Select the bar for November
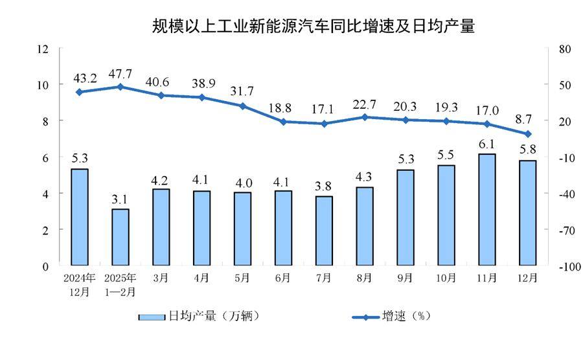pyautogui.click(x=486, y=209)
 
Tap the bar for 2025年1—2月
pyautogui.click(x=120, y=237)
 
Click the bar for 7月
pyautogui.click(x=323, y=231)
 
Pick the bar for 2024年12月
pyautogui.click(x=79, y=217)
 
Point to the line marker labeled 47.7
pyautogui.click(x=120, y=86)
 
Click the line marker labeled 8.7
pyautogui.click(x=527, y=134)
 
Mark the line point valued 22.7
pyautogui.click(x=364, y=117)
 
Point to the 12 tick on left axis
pyautogui.click(x=43, y=49)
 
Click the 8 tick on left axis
pyautogui.click(x=46, y=121)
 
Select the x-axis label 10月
pyautogui.click(x=446, y=278)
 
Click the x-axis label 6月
pyautogui.click(x=282, y=278)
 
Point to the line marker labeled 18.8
pyautogui.click(x=282, y=121)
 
